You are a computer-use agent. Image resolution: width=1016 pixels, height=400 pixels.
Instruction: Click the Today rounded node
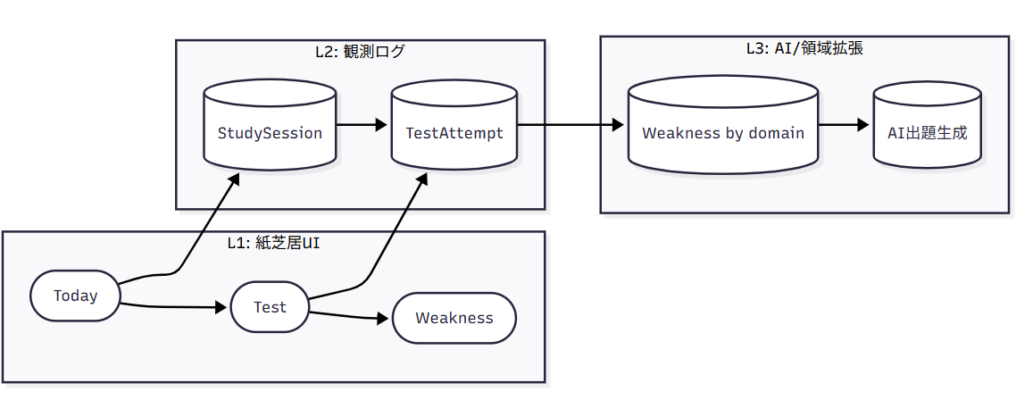pyautogui.click(x=75, y=296)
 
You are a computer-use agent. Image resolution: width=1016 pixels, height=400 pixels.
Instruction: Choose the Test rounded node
pyautogui.click(x=270, y=307)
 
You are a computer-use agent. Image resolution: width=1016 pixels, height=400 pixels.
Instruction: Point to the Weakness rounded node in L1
pyautogui.click(x=454, y=318)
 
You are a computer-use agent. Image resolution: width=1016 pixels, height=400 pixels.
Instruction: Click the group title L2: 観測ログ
pyautogui.click(x=360, y=52)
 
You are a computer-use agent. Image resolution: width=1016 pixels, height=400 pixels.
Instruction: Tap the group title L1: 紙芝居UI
pyautogui.click(x=273, y=244)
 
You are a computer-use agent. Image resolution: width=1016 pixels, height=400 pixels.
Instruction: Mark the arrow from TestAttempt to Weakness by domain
pyautogui.click(x=571, y=125)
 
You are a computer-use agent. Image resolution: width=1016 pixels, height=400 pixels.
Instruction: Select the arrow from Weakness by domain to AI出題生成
pyautogui.click(x=845, y=125)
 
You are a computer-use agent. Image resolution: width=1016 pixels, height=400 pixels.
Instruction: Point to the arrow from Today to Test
pyautogui.click(x=174, y=307)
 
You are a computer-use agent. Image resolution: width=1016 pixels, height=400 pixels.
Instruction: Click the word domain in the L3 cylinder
pyautogui.click(x=774, y=133)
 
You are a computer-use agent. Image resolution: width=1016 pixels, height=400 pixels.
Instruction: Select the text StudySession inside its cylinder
pyautogui.click(x=270, y=133)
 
